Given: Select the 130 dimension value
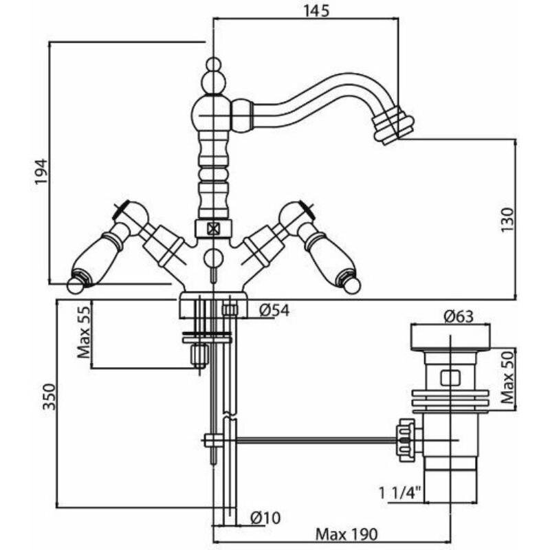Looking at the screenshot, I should (507, 219).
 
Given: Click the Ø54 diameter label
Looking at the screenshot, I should (274, 311).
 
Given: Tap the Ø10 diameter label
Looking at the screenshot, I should (265, 517).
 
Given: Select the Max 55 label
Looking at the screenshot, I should (84, 334).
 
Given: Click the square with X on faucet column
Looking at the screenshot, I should (212, 229).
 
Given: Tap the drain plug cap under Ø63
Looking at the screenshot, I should (450, 338).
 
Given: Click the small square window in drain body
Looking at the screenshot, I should (450, 377).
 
